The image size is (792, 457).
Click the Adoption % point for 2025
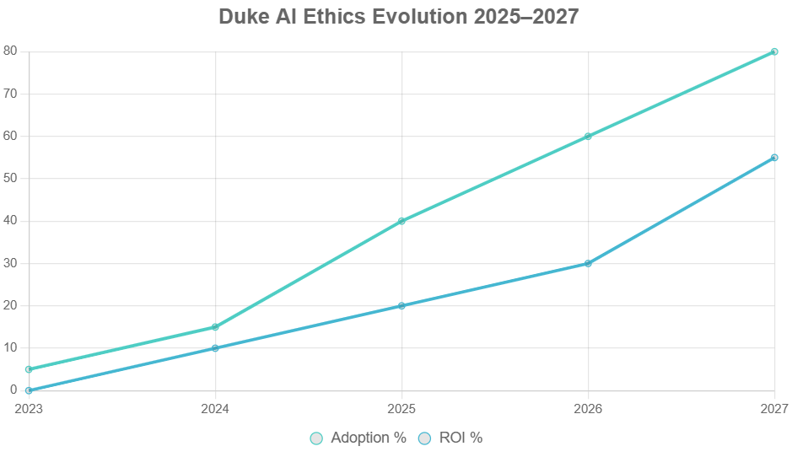click(401, 221)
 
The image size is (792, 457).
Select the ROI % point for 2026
click(588, 263)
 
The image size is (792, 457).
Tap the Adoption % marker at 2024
click(215, 327)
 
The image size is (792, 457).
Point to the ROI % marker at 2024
click(215, 348)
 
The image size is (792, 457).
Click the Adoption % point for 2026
click(588, 136)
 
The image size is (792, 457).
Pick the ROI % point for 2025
click(401, 305)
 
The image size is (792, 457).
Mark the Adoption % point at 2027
click(774, 51)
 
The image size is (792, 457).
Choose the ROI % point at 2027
click(774, 158)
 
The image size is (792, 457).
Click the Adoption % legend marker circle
click(316, 438)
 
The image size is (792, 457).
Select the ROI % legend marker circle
click(425, 438)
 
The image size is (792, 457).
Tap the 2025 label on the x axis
click(401, 409)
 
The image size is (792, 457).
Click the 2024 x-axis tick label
click(215, 409)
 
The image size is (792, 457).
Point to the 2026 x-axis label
click(588, 409)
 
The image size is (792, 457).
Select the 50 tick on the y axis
click(10, 179)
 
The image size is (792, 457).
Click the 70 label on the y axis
click(10, 94)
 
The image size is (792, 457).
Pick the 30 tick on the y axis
click(10, 263)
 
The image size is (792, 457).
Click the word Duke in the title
click(243, 17)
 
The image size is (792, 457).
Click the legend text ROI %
click(461, 438)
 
